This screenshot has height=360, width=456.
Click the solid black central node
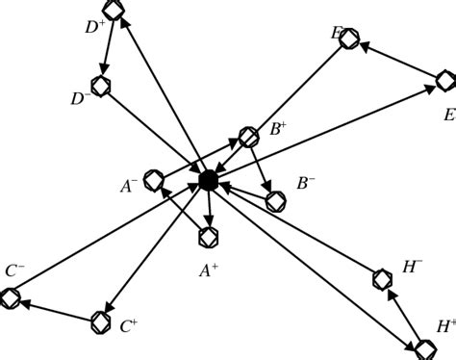click(208, 179)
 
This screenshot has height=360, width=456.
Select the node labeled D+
click(114, 11)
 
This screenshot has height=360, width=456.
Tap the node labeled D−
click(101, 86)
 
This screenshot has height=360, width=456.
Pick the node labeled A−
click(155, 181)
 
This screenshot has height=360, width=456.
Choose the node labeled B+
click(248, 135)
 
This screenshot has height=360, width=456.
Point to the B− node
click(276, 201)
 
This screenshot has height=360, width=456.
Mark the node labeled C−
click(11, 299)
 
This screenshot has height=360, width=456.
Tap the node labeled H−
click(382, 279)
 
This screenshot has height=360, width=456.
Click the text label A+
click(209, 271)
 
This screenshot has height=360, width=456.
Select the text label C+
click(129, 327)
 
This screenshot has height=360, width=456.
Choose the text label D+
click(94, 27)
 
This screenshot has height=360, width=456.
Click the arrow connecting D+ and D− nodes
click(108, 48)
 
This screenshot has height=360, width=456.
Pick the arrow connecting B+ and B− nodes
click(262, 167)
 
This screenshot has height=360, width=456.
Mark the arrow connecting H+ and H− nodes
click(403, 312)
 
